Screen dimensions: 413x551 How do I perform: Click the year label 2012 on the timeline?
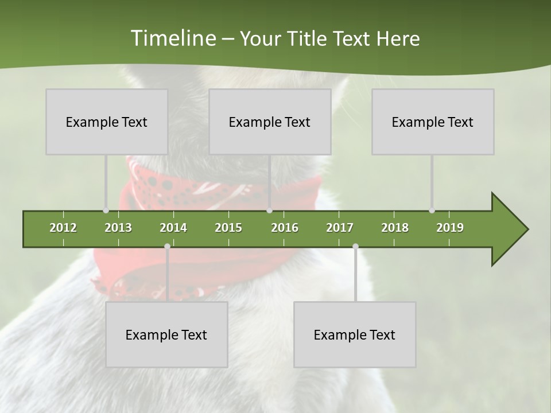pos(63,228)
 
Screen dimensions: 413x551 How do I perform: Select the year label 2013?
pos(118,228)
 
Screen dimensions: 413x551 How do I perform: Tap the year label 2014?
pos(173,228)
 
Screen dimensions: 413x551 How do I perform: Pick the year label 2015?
pos(228,228)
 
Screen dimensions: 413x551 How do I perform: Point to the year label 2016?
pos(285,228)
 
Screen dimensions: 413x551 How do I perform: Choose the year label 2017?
pos(340,228)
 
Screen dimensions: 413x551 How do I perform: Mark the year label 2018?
pos(395,228)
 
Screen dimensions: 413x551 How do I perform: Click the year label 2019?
pos(450,228)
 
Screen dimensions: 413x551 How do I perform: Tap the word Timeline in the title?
pos(172,38)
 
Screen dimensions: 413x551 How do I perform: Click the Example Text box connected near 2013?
pos(107,122)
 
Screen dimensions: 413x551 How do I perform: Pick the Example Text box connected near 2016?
pos(270,122)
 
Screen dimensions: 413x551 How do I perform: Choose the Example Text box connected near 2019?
pos(433,122)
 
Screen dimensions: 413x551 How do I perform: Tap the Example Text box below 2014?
pos(166,334)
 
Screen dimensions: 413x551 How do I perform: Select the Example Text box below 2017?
pos(355,334)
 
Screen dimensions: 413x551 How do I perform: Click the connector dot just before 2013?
pos(106,211)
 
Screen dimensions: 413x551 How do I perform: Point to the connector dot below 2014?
pos(167,247)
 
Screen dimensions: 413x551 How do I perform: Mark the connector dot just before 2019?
pos(432,211)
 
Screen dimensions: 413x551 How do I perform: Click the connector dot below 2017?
pos(355,247)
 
